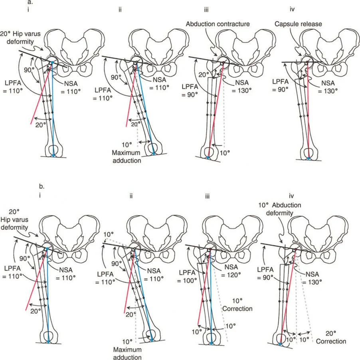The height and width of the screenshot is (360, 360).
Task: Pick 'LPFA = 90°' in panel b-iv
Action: click(270, 278)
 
